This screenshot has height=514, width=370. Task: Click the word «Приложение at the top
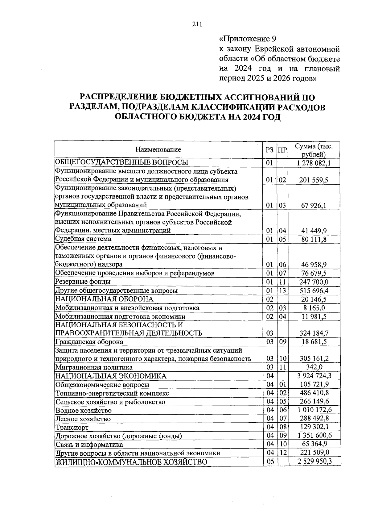click(x=244, y=39)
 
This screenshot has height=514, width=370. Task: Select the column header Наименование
click(x=158, y=150)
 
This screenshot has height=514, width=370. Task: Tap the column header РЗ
click(x=269, y=150)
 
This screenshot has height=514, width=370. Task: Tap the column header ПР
click(x=282, y=150)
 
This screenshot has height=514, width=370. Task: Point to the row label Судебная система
click(x=83, y=239)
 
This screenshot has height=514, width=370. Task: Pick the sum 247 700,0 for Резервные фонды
click(x=314, y=282)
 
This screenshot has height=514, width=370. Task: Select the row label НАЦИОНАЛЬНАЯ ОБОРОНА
click(x=104, y=299)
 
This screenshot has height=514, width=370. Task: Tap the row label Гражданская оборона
click(x=89, y=342)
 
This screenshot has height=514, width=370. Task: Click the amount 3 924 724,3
click(x=314, y=376)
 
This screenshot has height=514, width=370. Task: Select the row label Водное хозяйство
click(x=83, y=411)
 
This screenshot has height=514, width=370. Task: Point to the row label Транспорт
click(x=72, y=428)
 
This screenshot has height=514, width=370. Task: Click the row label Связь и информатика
click(x=89, y=445)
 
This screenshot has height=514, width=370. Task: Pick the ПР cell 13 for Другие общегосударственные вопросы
click(x=282, y=290)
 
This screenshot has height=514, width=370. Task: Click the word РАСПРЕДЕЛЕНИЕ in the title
click(x=118, y=98)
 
